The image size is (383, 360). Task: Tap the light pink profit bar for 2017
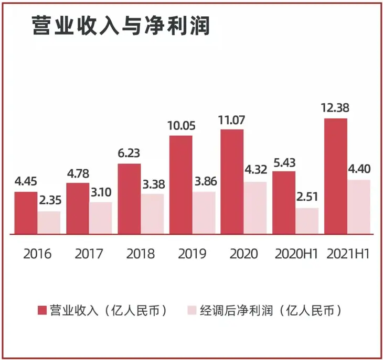pos(100,218)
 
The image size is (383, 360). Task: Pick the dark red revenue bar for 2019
pos(180,184)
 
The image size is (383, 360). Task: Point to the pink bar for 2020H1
pos(307,221)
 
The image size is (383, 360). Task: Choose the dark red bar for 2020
pos(232,181)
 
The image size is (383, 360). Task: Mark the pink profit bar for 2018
pos(152,214)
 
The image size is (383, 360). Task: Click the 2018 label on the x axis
pos(141,254)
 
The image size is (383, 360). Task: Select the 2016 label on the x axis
pos(37,254)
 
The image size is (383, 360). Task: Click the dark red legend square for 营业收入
pos(42,310)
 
